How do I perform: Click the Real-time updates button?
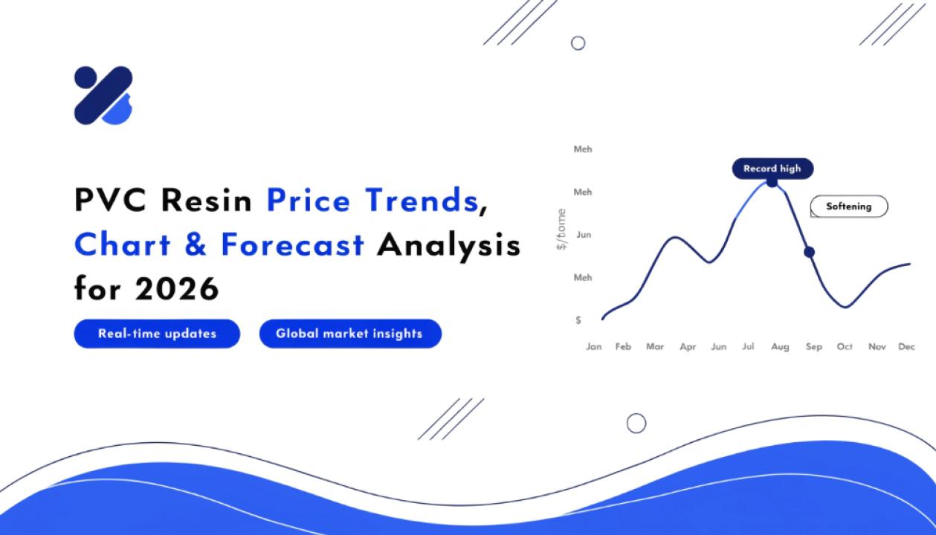pos(157,334)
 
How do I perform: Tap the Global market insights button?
pos(350,334)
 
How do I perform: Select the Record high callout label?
pos(772,169)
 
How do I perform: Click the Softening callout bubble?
pos(849,207)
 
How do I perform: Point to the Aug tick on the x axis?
pos(780,347)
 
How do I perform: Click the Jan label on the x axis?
pos(594,347)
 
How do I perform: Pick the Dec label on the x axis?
pos(907,347)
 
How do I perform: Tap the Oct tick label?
pos(845,347)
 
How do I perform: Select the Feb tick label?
pos(623,347)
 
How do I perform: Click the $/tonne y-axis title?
pos(561,230)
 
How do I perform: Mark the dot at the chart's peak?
pos(772,182)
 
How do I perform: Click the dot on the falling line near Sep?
pos(810,252)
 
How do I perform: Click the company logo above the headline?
pos(103,95)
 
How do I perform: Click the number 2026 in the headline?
pos(177,288)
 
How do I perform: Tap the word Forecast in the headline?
pos(292,244)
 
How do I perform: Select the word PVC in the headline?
pos(110,200)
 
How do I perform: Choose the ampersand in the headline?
pos(196,244)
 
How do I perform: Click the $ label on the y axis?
pos(578,320)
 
